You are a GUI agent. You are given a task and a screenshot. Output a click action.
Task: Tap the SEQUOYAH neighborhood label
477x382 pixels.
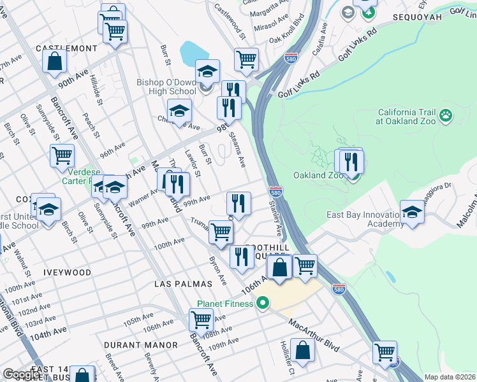coord(416,17)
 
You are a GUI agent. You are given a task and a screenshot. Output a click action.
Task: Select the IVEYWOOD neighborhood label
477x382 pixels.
coord(67,272)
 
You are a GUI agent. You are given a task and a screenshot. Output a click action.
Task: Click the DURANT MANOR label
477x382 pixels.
coord(141,345)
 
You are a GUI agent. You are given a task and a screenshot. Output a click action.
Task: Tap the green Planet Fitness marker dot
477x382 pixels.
coord(261,304)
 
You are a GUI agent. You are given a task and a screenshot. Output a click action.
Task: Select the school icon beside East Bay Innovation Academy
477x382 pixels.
coord(412,212)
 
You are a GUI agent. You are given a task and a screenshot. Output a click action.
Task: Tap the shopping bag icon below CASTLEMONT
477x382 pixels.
coord(55,61)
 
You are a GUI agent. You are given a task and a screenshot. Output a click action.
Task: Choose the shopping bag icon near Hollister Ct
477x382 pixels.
coord(304,350)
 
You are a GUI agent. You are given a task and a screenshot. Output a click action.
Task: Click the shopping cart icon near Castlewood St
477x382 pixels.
coord(246,60)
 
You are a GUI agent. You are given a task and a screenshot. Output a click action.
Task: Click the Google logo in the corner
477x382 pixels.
coord(22,374)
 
